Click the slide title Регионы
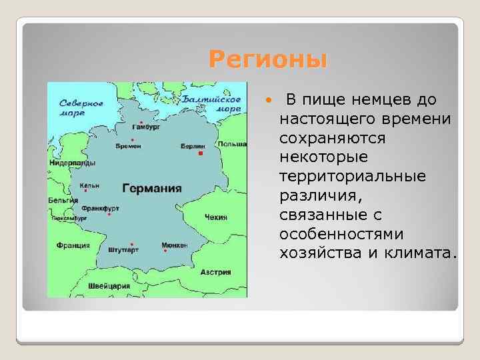click(x=268, y=60)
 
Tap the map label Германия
click(x=152, y=188)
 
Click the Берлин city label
click(x=193, y=145)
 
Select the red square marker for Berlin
click(x=199, y=153)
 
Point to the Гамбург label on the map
click(x=146, y=126)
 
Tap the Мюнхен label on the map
click(x=174, y=245)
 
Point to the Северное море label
click(x=81, y=108)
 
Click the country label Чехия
click(x=216, y=217)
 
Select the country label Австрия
click(x=217, y=272)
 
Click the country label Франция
click(x=73, y=245)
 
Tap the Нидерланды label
click(x=72, y=163)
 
